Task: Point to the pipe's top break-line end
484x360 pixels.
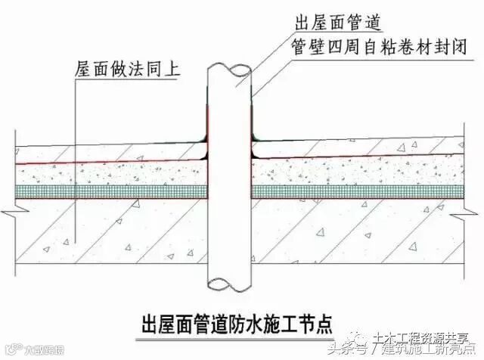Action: click(229, 70)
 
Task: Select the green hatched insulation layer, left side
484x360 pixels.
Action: click(113, 193)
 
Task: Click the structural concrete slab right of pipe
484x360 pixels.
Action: click(355, 234)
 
